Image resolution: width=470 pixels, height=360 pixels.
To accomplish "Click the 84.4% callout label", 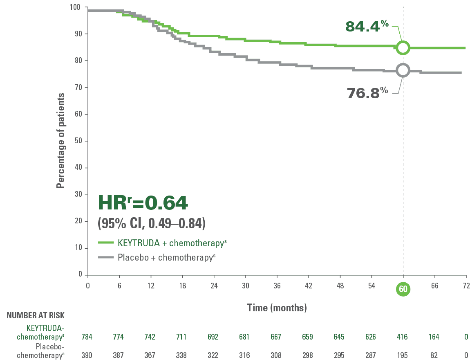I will [x=367, y=26].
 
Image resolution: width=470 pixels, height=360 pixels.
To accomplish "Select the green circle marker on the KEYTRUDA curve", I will [x=403, y=47].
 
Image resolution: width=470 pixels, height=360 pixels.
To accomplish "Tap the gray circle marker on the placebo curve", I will [x=403, y=70].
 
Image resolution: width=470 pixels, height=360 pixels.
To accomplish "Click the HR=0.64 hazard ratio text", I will [x=143, y=202].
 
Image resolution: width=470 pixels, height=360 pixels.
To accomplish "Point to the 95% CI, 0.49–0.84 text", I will [x=151, y=223].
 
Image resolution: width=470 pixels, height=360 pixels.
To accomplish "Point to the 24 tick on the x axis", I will [x=214, y=286].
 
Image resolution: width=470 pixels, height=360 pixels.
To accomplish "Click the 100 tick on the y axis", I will [x=76, y=7].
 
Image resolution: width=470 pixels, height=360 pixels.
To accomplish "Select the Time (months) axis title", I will [x=277, y=307].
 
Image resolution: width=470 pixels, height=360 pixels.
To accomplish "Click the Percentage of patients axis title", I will [x=60, y=141].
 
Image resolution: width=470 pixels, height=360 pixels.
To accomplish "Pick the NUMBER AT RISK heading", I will [x=35, y=315].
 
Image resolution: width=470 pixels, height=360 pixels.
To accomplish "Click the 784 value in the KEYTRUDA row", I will [x=87, y=337].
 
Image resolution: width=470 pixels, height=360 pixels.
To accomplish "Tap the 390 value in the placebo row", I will [x=87, y=355].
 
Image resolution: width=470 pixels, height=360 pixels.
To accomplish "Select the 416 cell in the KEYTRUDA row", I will [x=403, y=337].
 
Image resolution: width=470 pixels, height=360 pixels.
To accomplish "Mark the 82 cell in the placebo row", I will [x=434, y=355].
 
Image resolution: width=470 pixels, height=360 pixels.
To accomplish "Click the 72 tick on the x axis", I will [x=466, y=286].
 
